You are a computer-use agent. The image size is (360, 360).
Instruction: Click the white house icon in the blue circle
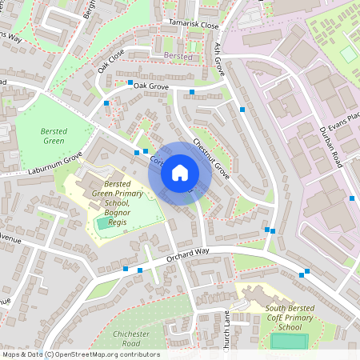(180, 172)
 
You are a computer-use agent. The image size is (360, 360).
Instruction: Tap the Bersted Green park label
(54, 136)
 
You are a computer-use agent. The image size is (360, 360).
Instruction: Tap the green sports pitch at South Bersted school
(288, 342)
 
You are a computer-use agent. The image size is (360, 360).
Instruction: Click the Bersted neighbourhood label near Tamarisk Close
(178, 57)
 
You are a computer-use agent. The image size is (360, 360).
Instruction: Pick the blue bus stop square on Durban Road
(352, 198)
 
